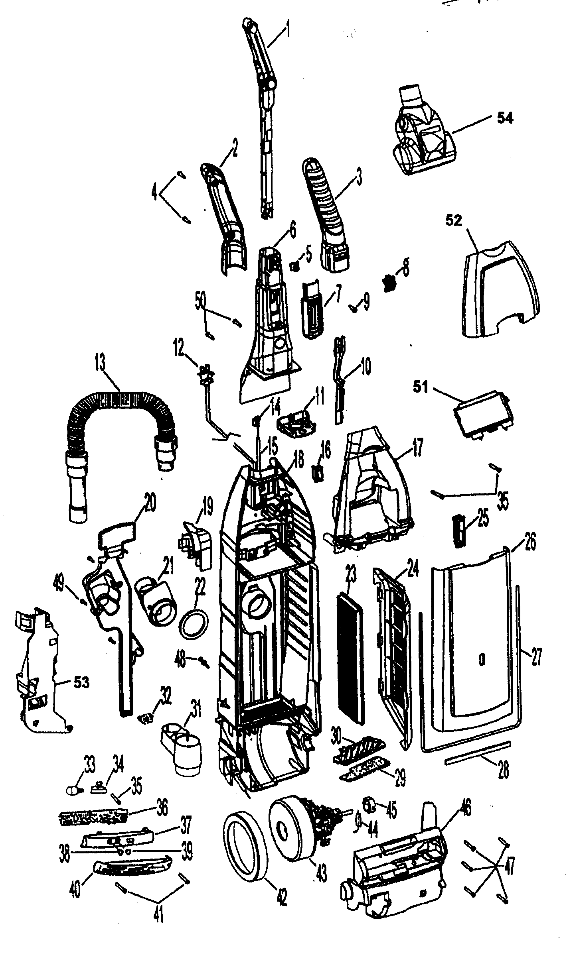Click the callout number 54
(505, 118)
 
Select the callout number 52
(454, 220)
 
